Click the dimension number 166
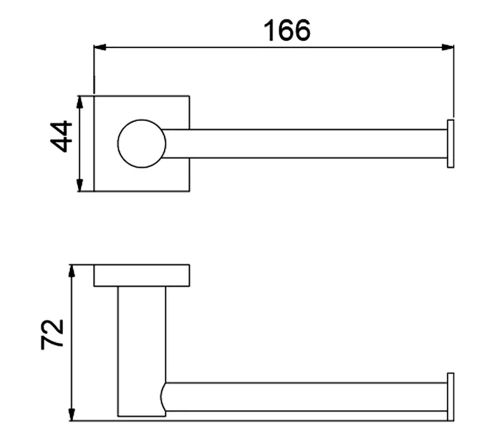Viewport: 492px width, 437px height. coord(286,30)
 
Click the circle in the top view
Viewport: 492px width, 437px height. coord(142,143)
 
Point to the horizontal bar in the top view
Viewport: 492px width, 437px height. coord(306,143)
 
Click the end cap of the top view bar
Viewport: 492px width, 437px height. coord(450,143)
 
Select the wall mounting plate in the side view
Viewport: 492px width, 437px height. coord(142,275)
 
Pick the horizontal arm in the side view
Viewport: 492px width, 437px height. coord(306,396)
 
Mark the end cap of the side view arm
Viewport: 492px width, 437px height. coord(450,396)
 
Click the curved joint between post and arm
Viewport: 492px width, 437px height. coord(163,397)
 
